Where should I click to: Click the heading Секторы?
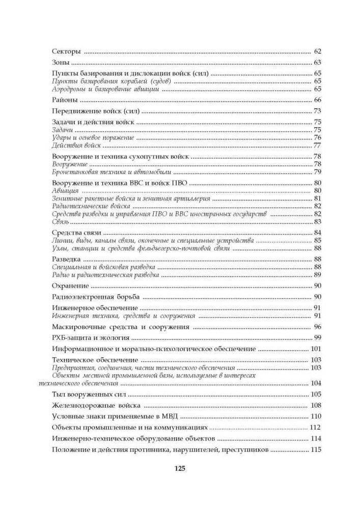tap(67, 52)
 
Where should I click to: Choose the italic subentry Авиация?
tap(65, 191)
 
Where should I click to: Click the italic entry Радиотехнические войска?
tap(92, 206)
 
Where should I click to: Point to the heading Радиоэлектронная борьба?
tap(96, 297)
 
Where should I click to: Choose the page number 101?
tap(316, 349)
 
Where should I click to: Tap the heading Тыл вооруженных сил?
tap(89, 394)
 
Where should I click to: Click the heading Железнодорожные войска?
tap(96, 406)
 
